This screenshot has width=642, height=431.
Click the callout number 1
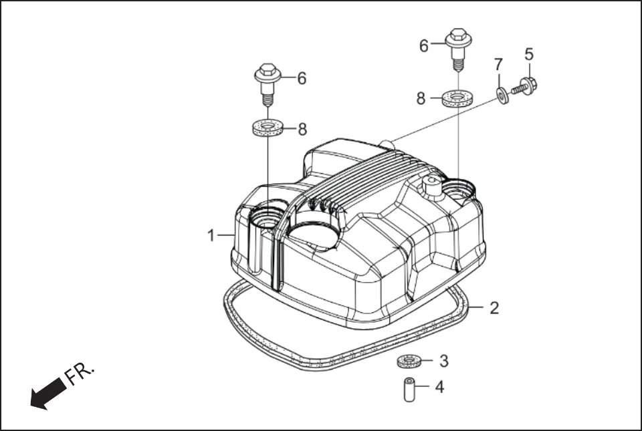(211, 235)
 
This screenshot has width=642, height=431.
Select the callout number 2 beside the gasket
(494, 308)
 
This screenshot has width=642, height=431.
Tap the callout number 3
(444, 361)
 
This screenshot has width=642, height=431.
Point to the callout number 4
(439, 387)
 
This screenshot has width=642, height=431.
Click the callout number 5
(528, 53)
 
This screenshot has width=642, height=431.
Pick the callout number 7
(498, 65)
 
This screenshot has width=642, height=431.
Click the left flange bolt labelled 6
(267, 83)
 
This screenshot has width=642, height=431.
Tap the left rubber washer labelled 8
(267, 128)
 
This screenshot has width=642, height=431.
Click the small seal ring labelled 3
(409, 362)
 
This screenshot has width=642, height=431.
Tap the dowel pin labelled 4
(410, 390)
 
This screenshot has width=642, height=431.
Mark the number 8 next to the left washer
(302, 130)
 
